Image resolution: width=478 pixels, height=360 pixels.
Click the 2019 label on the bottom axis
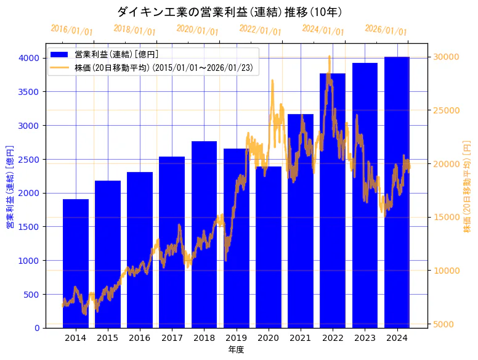tap(236, 338)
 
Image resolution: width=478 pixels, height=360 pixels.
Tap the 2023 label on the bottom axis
tap(365, 338)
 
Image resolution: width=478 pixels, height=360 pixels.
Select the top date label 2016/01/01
tap(72, 30)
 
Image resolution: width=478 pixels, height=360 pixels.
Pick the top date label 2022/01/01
tap(261, 30)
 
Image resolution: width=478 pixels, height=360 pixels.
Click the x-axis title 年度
tap(236, 350)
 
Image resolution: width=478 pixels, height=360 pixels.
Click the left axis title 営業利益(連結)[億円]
tap(9, 187)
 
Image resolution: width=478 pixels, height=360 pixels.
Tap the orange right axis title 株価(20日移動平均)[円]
tap(467, 187)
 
